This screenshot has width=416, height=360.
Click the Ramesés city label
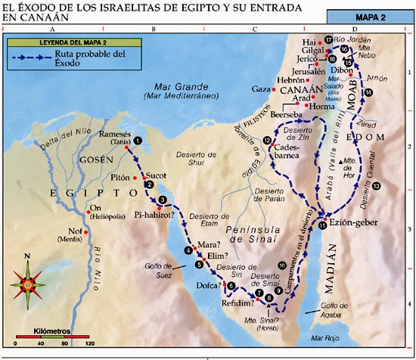point(114,134)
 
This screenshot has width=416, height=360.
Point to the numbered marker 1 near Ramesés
point(137,141)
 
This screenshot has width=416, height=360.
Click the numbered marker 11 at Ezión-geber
point(322,225)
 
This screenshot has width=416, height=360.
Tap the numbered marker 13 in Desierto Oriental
point(375,185)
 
